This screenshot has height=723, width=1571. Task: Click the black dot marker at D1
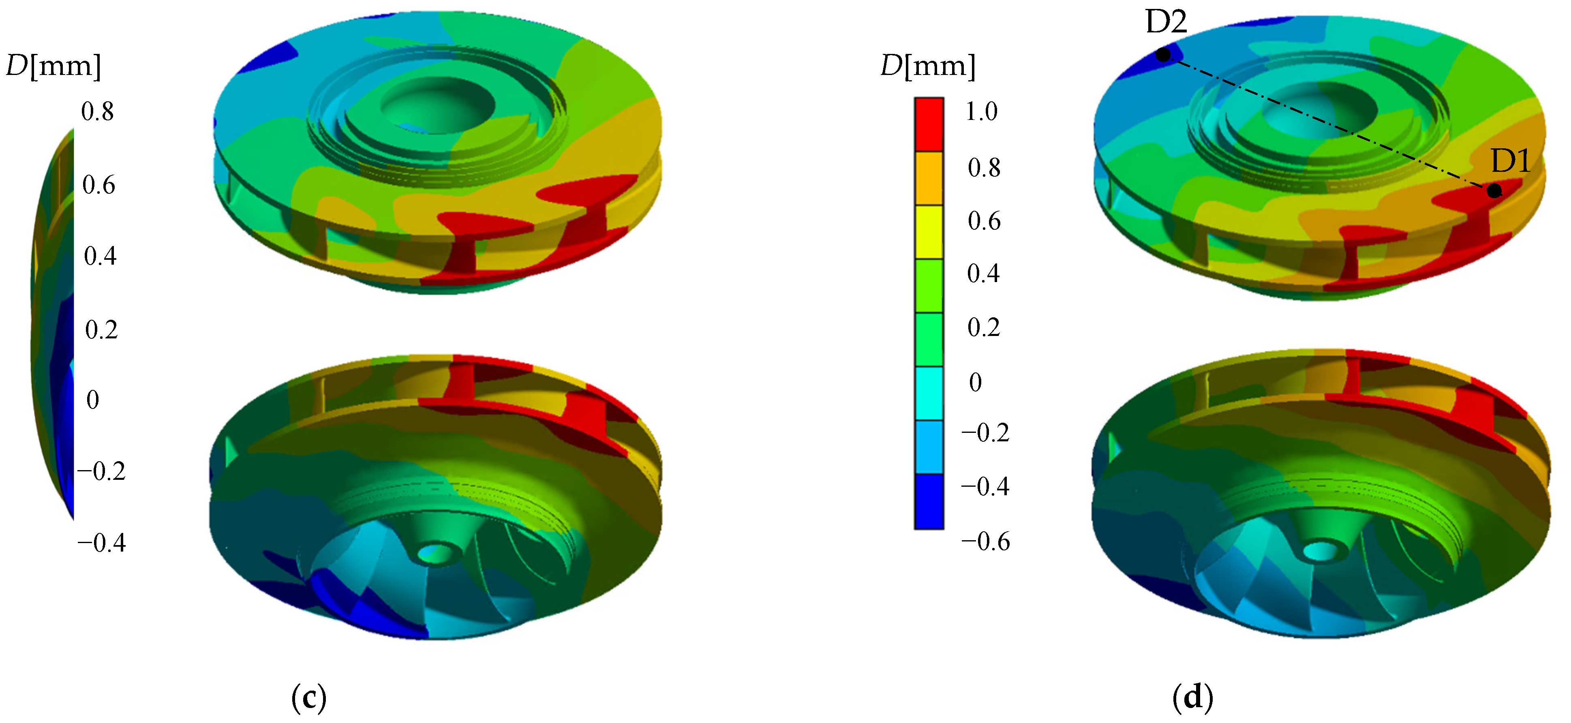click(1494, 191)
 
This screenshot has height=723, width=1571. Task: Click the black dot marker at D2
click(1163, 55)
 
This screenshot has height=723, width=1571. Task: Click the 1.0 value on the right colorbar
click(981, 111)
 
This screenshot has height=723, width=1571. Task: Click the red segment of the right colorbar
click(929, 124)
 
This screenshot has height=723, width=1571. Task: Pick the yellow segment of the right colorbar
click(929, 232)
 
